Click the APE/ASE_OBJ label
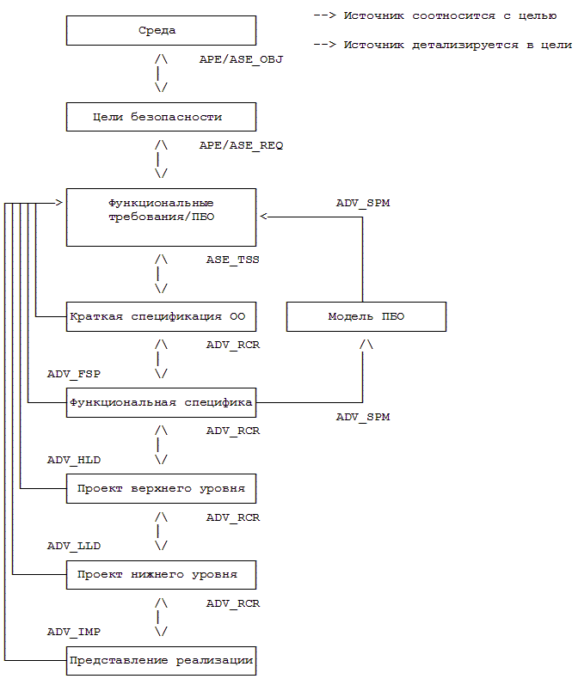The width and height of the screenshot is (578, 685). [241, 59]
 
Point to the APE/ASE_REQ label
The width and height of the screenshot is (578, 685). [241, 145]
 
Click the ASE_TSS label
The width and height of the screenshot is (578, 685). [232, 260]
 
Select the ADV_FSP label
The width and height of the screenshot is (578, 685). [74, 375]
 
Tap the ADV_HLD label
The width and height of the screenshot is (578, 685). [74, 461]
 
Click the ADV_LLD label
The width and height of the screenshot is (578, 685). [74, 547]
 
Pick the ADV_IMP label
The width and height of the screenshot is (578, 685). [74, 632]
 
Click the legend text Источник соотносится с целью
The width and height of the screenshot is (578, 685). [450, 16]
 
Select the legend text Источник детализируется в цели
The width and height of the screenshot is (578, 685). [458, 45]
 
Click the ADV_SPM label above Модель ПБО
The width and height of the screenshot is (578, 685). [363, 203]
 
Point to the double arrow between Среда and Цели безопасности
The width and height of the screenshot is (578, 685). [161, 73]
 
